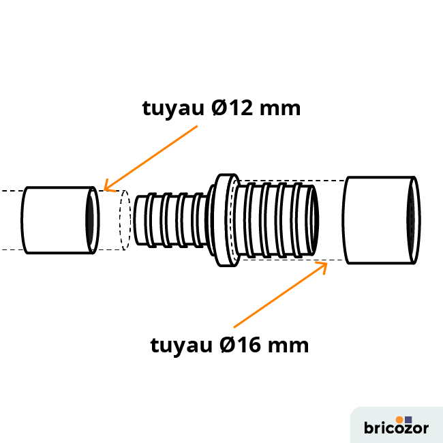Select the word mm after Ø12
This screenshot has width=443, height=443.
(281, 108)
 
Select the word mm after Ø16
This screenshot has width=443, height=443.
(289, 345)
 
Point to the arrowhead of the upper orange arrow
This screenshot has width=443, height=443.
(106, 186)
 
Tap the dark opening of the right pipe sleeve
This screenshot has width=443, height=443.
(412, 219)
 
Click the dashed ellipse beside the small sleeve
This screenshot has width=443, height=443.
(125, 219)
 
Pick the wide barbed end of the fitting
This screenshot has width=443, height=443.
(273, 219)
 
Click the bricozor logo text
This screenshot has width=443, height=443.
(396, 429)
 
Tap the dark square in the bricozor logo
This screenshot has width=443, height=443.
(408, 418)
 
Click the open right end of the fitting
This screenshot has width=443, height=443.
(314, 219)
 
